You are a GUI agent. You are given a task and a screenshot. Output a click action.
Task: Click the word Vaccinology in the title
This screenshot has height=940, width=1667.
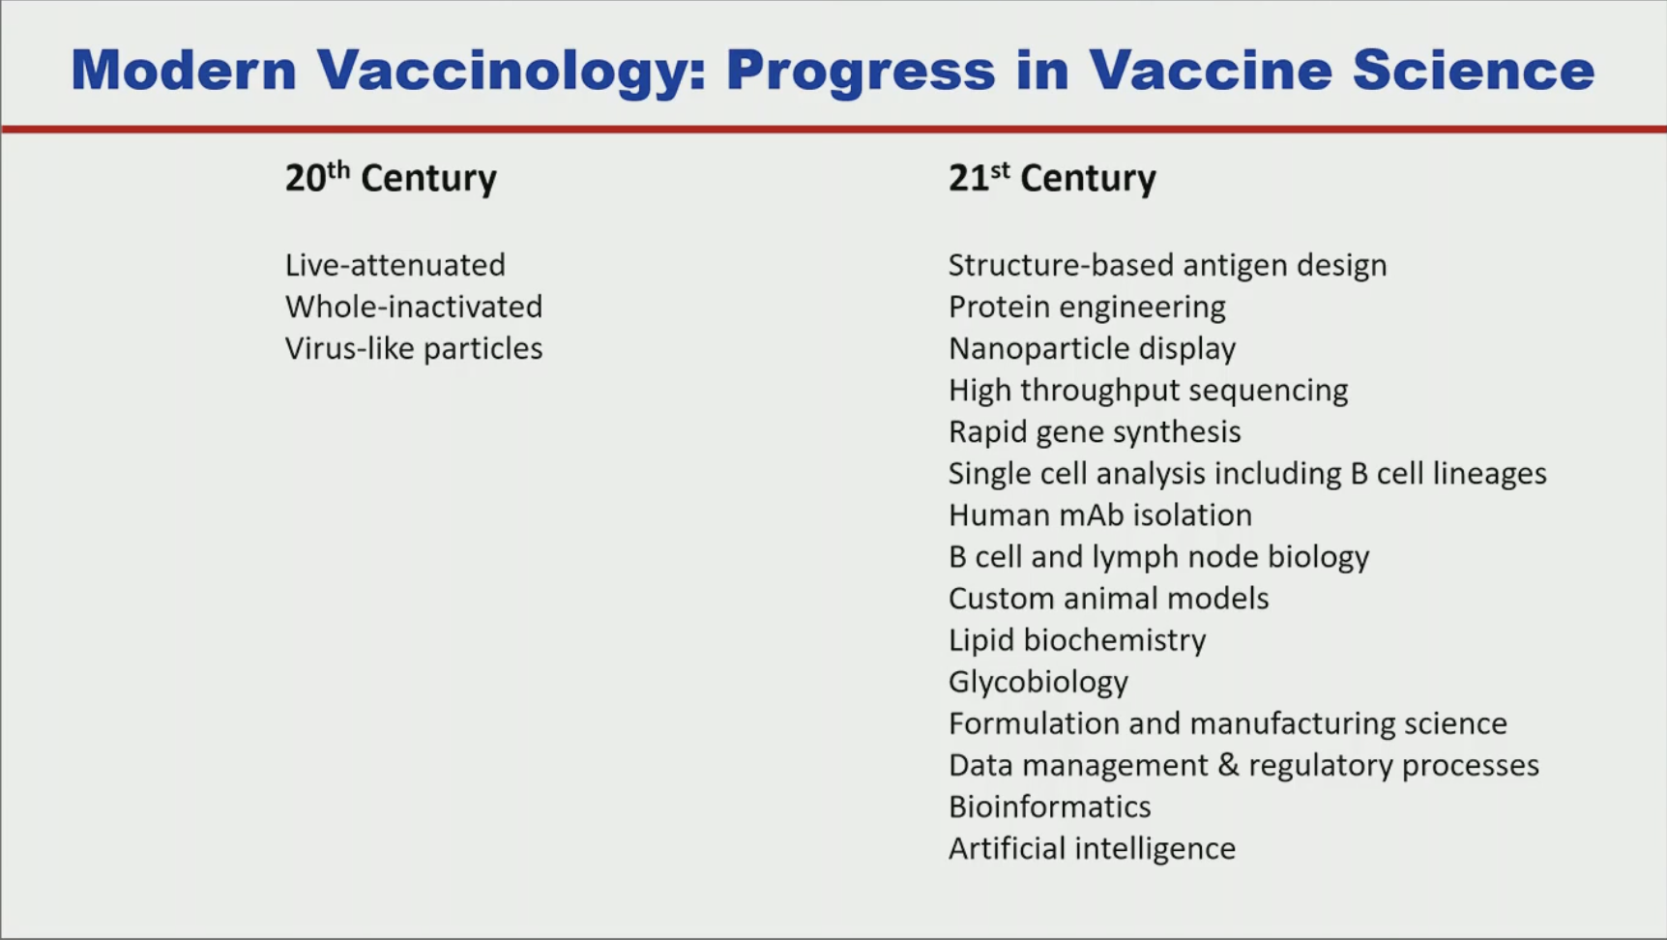point(512,72)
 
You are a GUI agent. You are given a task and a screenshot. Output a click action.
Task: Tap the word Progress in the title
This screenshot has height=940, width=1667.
point(861,72)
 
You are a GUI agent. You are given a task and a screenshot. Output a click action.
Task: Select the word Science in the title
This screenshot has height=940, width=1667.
point(1474,70)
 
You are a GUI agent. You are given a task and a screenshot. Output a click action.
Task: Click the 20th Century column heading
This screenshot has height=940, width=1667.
point(391,177)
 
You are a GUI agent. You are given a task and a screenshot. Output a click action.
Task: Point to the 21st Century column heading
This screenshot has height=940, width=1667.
point(1052,177)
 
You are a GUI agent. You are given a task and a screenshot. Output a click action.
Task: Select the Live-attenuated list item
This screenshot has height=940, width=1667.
point(395,265)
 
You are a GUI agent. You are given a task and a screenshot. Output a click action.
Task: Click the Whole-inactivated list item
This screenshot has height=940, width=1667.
point(414,307)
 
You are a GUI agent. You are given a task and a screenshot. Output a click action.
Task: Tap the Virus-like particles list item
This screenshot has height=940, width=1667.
point(414,348)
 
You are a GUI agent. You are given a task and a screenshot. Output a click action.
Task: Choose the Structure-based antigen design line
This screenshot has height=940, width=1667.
point(1167,266)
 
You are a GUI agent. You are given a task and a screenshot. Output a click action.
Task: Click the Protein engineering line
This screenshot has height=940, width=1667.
point(1087,308)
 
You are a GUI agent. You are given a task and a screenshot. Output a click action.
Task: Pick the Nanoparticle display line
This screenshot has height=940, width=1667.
point(1092,349)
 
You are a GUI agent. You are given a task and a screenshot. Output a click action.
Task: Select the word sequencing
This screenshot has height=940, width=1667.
point(1268,391)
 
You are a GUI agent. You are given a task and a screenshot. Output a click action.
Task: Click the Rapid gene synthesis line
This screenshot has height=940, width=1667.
point(1095,432)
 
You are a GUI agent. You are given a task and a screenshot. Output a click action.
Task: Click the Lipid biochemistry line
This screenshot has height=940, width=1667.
point(1077,640)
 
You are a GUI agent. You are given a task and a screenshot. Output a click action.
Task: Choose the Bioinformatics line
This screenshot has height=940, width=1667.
point(1049,807)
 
